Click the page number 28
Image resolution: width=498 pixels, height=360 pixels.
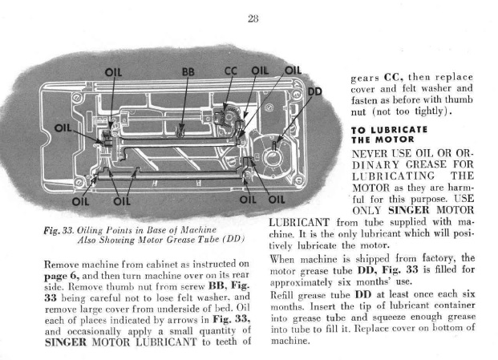pos(253,18)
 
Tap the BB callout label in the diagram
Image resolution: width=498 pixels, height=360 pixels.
pos(188,72)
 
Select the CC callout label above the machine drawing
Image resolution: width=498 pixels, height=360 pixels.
pos(231,71)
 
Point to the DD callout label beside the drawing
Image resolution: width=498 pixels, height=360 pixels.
pos(314,91)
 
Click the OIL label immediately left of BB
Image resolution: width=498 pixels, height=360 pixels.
pos(113,72)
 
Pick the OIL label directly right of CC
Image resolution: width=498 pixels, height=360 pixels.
pos(260,71)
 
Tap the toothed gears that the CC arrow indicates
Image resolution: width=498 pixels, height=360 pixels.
pos(227,116)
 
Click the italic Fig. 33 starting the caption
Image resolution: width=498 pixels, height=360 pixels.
pos(59,230)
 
